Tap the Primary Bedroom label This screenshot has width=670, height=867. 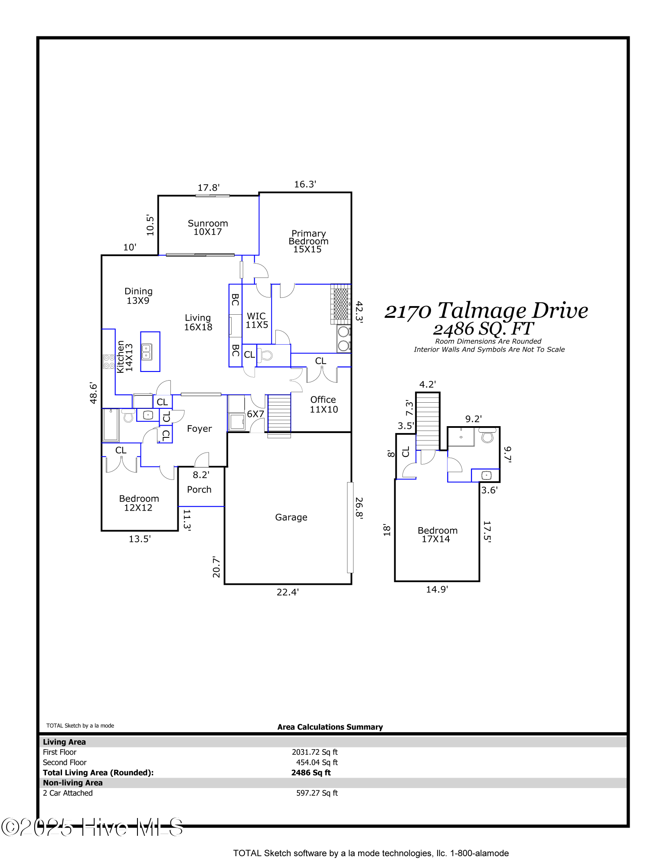point(308,241)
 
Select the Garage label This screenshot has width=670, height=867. point(291,517)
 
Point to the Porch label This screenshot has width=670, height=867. point(199,489)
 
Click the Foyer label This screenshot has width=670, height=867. point(199,429)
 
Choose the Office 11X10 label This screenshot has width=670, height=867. point(324,404)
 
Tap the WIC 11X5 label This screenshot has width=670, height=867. point(257,320)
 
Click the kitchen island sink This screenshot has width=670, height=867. point(147,352)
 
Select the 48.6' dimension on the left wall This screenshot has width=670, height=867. point(93,393)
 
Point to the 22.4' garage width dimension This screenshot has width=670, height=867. point(288,592)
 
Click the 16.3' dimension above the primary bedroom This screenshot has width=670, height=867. point(305,184)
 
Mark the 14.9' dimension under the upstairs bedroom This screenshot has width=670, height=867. point(437,590)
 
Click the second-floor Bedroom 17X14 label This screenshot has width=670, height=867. point(437,535)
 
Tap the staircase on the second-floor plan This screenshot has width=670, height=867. point(428,421)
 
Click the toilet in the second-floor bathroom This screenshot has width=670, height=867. point(487,435)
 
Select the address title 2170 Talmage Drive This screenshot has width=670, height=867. point(486,311)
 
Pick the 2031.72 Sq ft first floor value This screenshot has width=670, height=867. point(315,752)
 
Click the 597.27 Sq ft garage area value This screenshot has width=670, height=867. point(317,793)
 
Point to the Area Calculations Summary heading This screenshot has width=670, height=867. point(330,727)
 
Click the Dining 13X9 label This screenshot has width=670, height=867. point(138,296)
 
